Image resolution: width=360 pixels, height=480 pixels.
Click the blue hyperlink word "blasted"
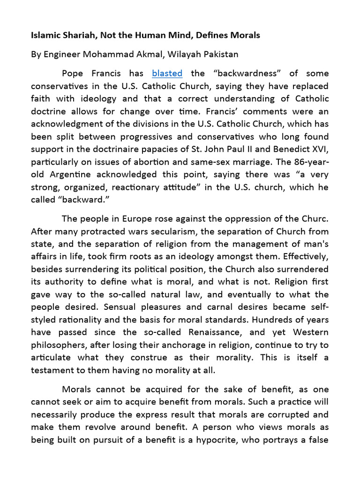pos(167,74)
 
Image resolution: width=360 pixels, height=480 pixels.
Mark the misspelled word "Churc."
pos(314,219)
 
